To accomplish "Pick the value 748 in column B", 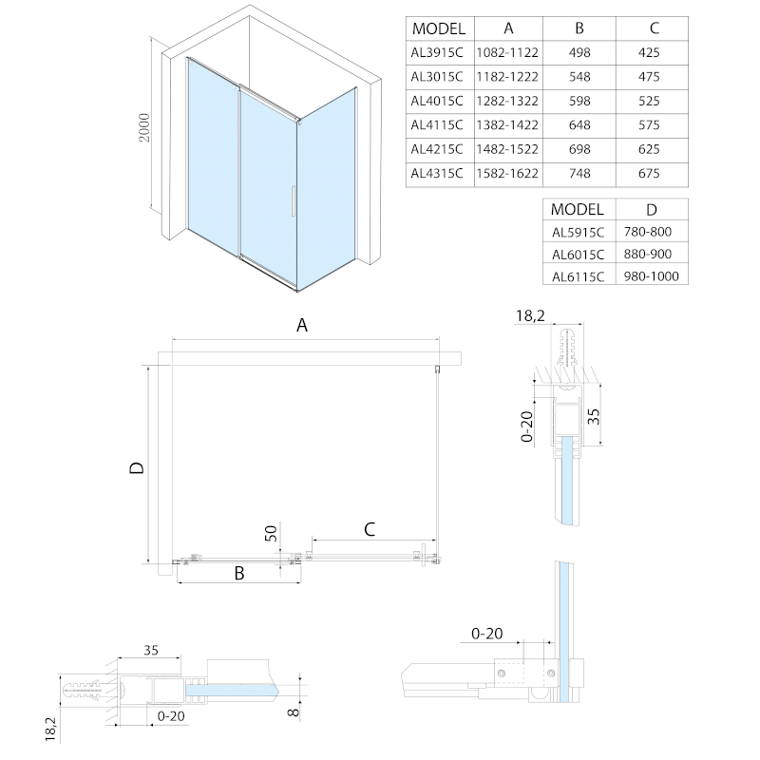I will (579, 173).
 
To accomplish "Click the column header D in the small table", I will (651, 209).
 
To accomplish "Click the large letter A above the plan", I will (302, 326).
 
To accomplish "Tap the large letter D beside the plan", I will (136, 467).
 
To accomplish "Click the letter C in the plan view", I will (370, 528).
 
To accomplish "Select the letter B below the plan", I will (239, 574).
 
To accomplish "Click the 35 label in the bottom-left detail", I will (150, 651).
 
